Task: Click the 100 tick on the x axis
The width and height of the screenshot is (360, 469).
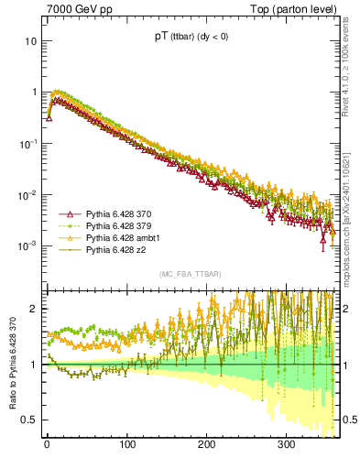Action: click(x=126, y=445)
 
